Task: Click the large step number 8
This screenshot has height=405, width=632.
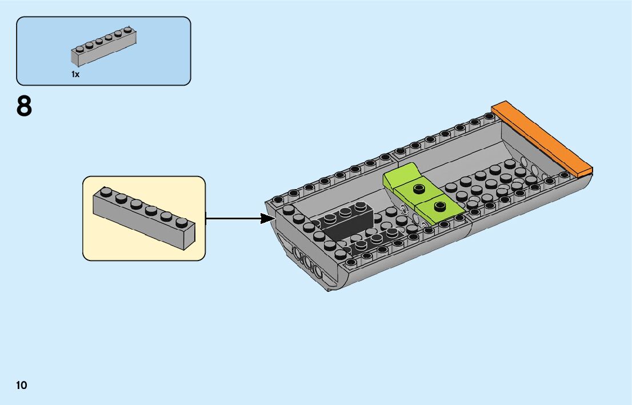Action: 24,106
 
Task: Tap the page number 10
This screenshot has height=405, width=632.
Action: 22,384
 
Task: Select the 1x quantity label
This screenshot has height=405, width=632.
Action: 75,74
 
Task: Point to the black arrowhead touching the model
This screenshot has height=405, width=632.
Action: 268,218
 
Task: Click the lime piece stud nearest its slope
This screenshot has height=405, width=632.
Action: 419,189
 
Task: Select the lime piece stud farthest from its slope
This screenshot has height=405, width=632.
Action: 439,206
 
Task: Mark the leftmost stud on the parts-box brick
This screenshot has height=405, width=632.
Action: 79,47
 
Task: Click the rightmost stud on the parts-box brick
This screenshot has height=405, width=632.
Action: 127,30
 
